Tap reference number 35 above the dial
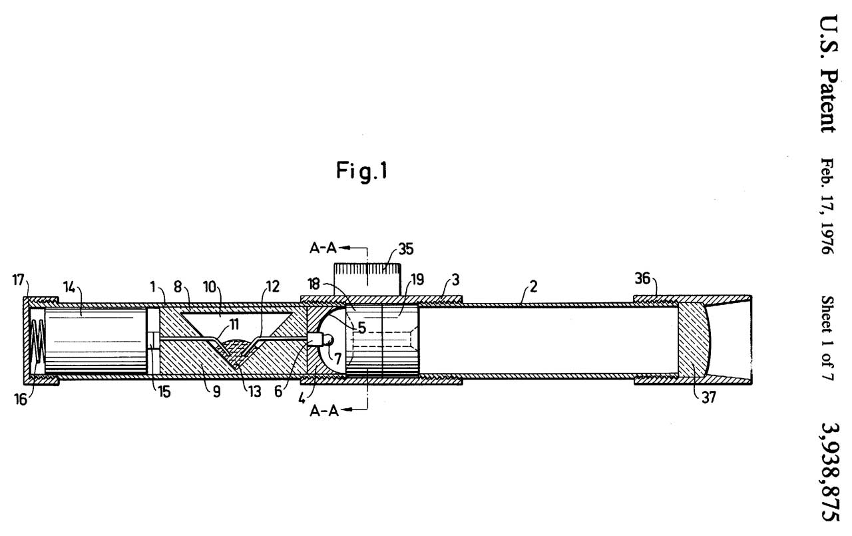[406, 249]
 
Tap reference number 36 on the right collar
[642, 280]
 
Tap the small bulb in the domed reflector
[327, 340]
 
